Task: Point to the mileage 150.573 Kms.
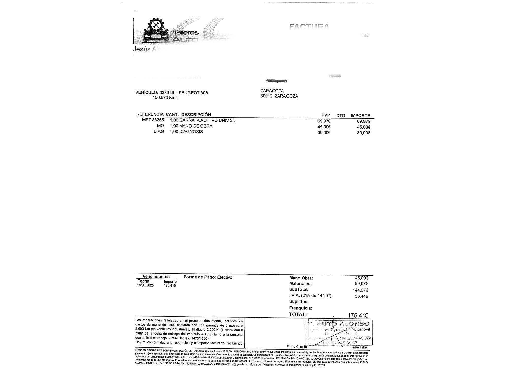[165, 98]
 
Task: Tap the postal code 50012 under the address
[266, 96]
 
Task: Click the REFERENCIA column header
[150, 114]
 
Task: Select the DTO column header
[341, 116]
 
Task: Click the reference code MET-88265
[153, 120]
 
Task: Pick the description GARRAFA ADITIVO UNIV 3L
[207, 120]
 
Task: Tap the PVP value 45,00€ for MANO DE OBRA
[324, 127]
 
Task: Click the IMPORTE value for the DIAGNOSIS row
[363, 133]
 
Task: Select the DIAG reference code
[159, 132]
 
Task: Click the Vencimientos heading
[156, 277]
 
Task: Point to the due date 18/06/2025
[146, 285]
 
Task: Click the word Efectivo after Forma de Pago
[225, 277]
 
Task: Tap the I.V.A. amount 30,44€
[361, 296]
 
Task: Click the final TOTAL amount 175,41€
[358, 315]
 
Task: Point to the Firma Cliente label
[296, 347]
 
